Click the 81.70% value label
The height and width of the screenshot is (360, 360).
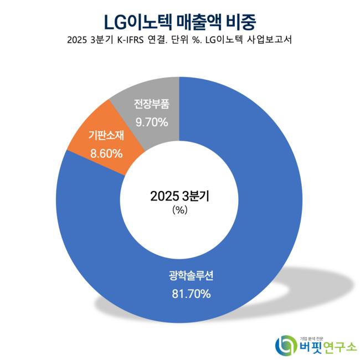(191, 294)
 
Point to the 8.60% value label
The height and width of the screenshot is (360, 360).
(105, 153)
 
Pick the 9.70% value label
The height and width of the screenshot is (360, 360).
(151, 122)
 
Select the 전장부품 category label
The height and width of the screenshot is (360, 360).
(151, 104)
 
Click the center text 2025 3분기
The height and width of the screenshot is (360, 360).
(179, 196)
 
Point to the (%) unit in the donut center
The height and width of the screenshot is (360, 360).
(179, 210)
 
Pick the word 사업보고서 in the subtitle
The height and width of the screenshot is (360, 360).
(272, 41)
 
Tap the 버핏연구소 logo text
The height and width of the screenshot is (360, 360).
(327, 348)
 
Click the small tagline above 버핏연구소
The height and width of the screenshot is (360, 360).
(315, 336)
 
